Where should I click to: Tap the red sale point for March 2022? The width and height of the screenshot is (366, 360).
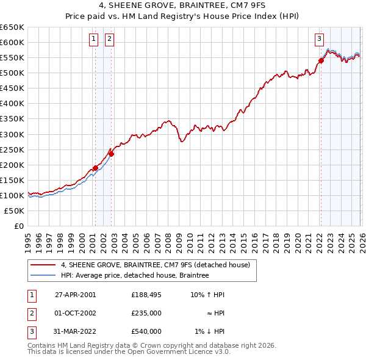(x=321, y=60)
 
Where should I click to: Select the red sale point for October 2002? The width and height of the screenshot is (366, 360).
(x=112, y=154)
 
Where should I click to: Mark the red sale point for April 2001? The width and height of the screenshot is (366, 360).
(x=96, y=168)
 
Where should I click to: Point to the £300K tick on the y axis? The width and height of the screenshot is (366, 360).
(x=12, y=134)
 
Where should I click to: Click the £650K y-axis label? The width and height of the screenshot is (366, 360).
(x=12, y=27)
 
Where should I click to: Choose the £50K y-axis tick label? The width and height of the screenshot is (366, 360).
(x=15, y=211)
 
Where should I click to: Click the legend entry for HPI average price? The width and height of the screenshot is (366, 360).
(x=135, y=276)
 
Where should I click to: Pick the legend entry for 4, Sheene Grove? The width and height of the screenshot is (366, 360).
(x=155, y=265)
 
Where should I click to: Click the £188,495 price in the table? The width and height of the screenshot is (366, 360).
(x=146, y=295)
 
